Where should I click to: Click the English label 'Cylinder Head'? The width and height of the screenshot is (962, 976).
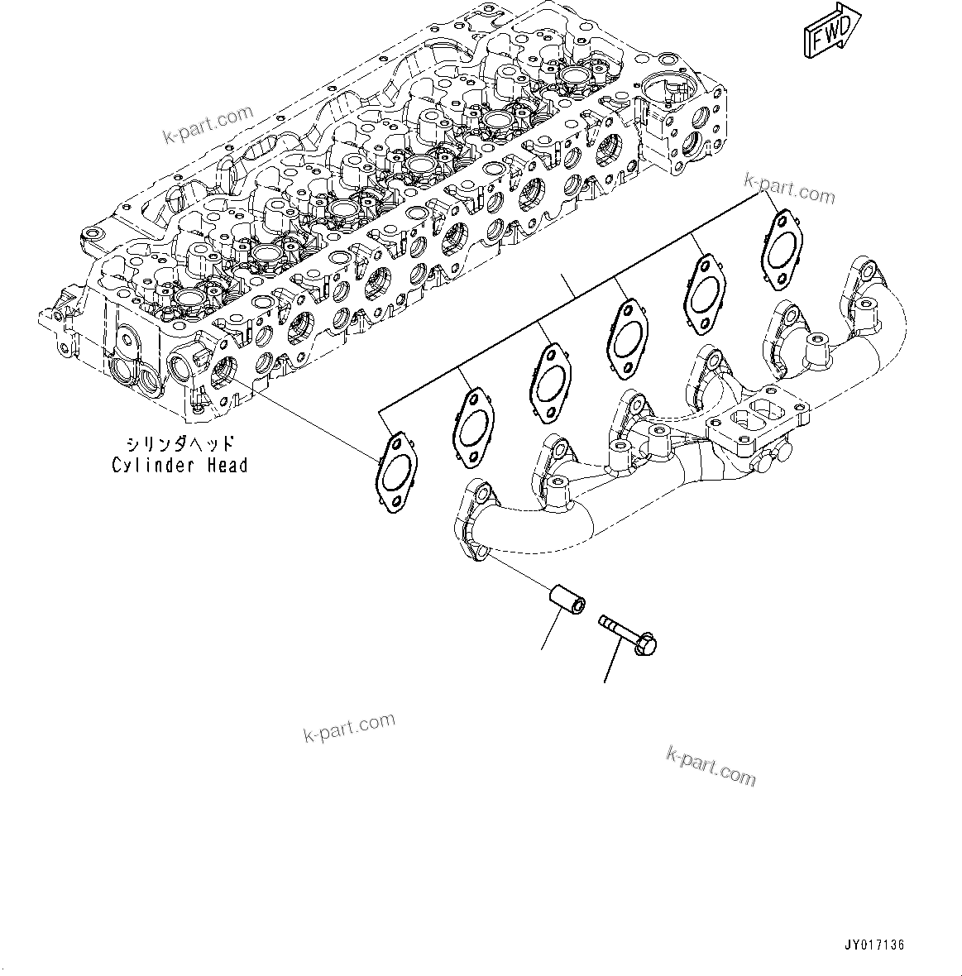tap(179, 466)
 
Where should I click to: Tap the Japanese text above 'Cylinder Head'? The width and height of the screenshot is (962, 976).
tap(179, 444)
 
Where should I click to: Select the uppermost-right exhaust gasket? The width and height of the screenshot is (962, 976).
tap(780, 249)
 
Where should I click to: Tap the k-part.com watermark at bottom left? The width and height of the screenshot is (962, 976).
tap(349, 727)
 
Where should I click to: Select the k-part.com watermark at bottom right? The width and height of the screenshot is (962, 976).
tap(711, 765)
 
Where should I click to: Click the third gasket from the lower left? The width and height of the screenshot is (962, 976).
tap(549, 380)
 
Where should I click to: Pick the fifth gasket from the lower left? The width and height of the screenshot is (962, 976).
tap(703, 292)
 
